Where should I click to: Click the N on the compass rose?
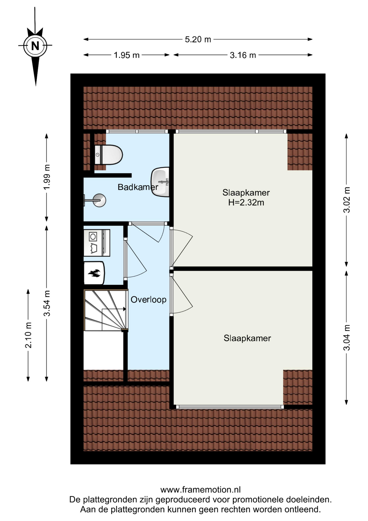(35, 46)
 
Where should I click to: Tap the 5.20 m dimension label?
(198, 40)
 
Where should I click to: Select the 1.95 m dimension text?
(127, 55)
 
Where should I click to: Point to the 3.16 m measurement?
(243, 55)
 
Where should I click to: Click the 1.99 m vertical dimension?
(47, 177)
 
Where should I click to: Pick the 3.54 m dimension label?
(47, 303)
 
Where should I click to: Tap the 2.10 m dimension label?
(28, 335)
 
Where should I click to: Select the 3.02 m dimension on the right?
(347, 200)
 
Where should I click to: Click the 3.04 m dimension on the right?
(347, 338)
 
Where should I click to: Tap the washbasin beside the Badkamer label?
(160, 182)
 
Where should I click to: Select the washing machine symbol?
(97, 243)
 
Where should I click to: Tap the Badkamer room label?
(138, 187)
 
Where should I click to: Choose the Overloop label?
(149, 300)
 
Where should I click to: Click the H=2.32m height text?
(246, 202)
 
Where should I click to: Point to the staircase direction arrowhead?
(124, 309)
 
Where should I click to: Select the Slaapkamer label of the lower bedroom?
(247, 338)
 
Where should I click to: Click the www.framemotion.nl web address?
(200, 490)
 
